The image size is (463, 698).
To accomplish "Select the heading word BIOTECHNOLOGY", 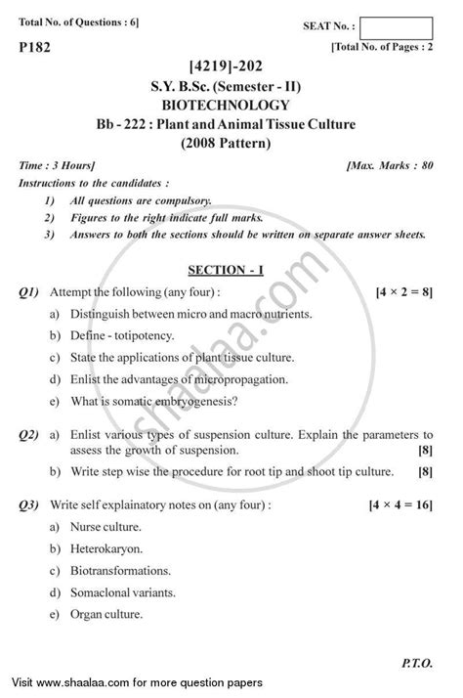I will click(x=231, y=105).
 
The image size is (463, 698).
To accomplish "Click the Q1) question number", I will click(x=27, y=291).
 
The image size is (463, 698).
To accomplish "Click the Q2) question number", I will click(x=27, y=432).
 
